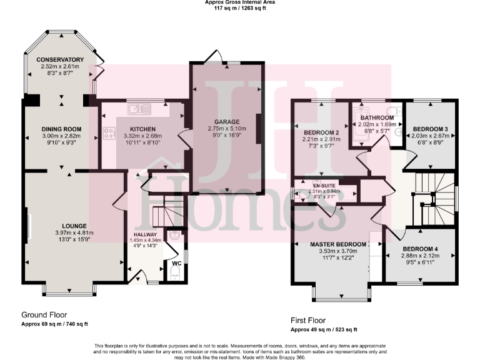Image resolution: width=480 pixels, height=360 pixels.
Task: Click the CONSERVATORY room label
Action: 60,60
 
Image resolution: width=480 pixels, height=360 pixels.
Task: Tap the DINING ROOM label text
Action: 60,129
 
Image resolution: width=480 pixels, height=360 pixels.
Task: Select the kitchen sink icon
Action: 139,109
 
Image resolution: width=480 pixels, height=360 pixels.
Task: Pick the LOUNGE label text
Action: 74,225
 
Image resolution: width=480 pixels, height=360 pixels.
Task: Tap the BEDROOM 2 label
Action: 321,132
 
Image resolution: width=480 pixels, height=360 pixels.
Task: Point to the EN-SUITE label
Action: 325,186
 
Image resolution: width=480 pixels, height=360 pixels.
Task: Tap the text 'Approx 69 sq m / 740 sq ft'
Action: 54,324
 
